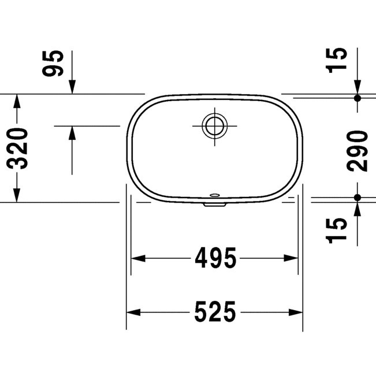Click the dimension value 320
click(x=17, y=148)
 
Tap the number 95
click(x=53, y=64)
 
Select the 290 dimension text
click(x=358, y=151)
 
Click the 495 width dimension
click(x=215, y=258)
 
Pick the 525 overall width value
click(x=215, y=312)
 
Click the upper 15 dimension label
click(x=336, y=60)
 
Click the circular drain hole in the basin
click(x=215, y=126)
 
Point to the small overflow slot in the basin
click(x=215, y=195)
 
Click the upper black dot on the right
click(x=358, y=98)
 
